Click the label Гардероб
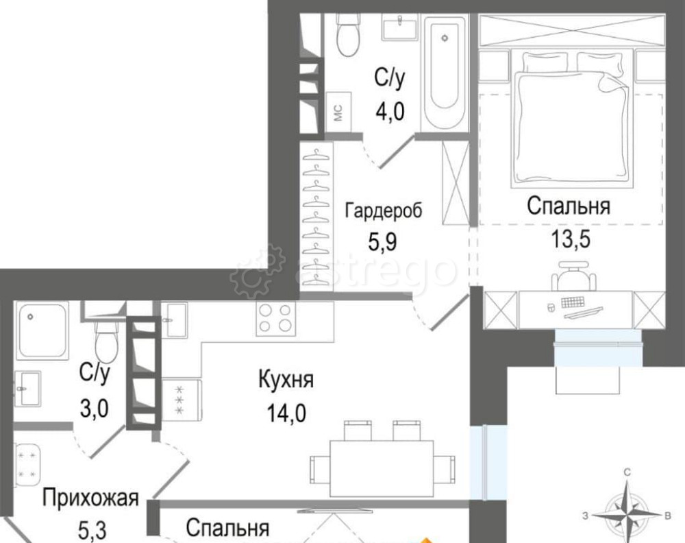[x=383, y=210]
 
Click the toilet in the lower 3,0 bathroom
[x=105, y=339]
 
